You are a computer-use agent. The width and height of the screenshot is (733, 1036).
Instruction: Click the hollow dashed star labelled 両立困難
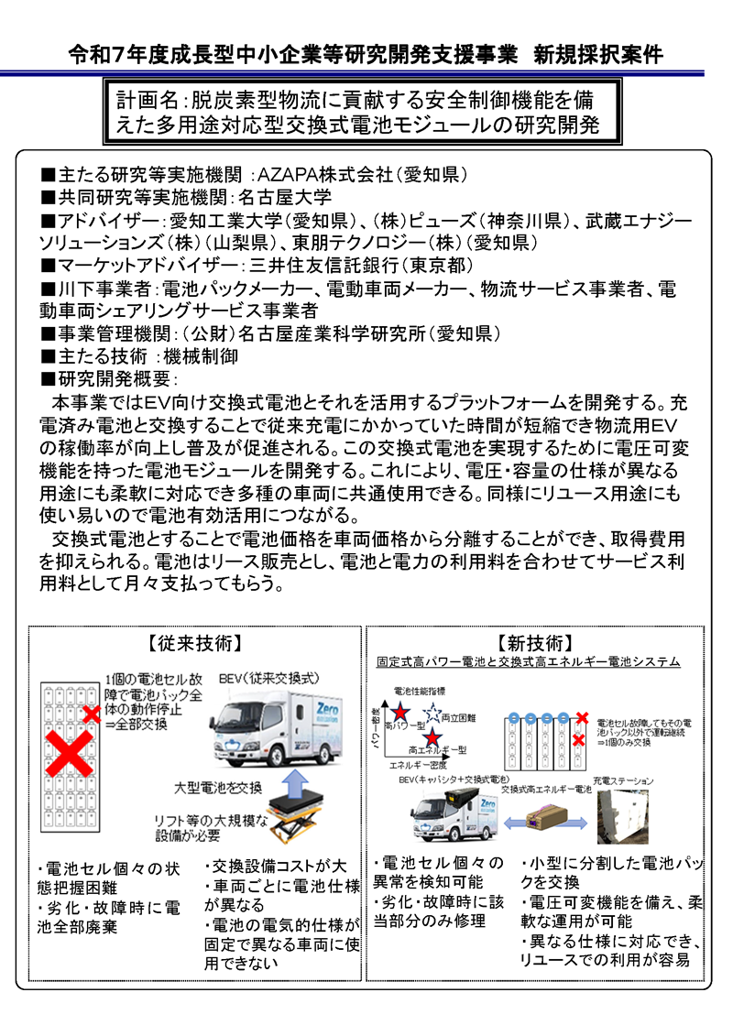click(432, 712)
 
